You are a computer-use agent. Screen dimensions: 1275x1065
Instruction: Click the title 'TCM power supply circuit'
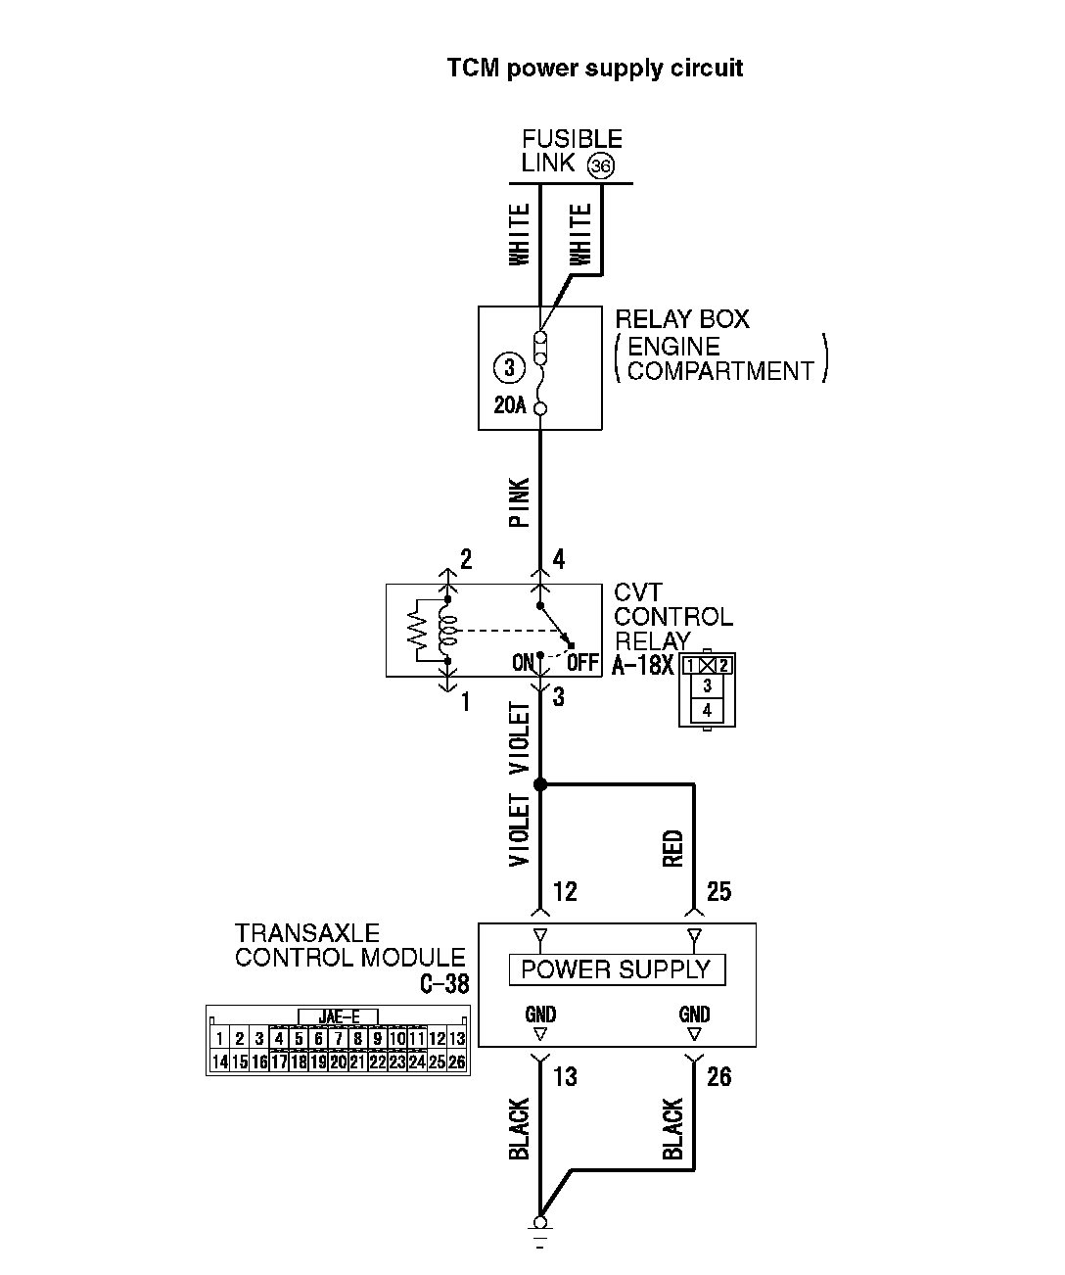tap(594, 69)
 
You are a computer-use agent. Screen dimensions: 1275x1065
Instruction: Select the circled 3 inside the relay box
tap(509, 368)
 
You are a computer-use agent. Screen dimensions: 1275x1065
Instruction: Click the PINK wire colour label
tap(520, 502)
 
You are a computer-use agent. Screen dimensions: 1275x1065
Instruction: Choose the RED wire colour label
tap(673, 848)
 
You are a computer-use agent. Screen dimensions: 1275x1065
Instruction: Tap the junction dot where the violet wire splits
tap(540, 784)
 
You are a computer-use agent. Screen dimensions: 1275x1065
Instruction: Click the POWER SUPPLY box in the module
tap(616, 969)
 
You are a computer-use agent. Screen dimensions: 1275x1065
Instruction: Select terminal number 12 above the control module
tap(565, 891)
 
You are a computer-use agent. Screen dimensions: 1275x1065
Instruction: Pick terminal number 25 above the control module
tap(718, 891)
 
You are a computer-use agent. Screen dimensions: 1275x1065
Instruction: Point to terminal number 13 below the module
tap(565, 1077)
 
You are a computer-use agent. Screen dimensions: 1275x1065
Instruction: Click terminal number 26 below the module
tap(718, 1077)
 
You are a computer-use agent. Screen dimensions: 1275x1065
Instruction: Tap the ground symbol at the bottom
tap(539, 1230)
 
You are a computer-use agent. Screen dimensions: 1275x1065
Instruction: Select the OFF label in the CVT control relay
tap(582, 663)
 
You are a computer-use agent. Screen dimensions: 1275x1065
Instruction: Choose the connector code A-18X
tap(643, 666)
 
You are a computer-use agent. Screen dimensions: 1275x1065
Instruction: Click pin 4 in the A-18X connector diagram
tap(707, 711)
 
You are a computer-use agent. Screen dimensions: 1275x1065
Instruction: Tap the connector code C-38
tap(444, 984)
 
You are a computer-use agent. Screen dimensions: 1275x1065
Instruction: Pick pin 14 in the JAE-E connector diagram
tap(219, 1062)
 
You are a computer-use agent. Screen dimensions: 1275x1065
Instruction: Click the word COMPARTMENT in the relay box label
tap(720, 371)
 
